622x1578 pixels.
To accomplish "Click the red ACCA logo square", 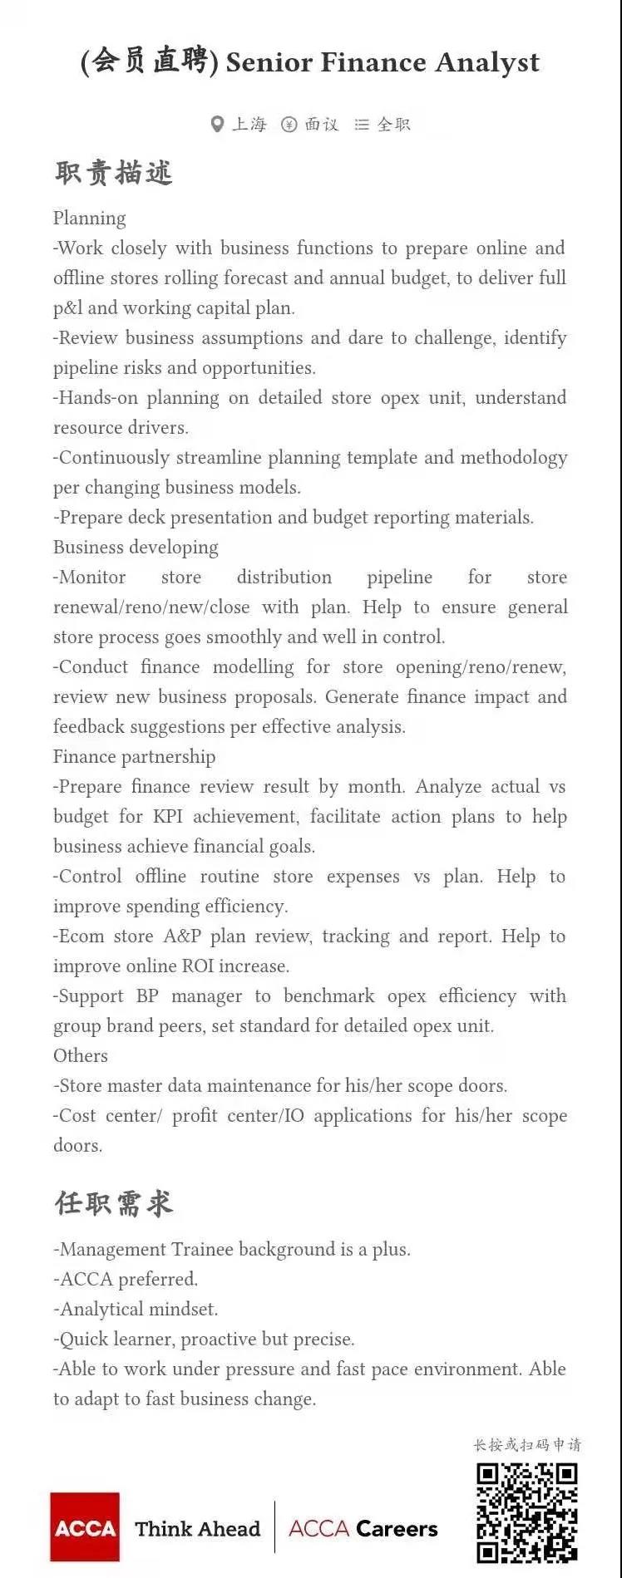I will tap(85, 1527).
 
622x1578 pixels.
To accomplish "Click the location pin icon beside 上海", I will tap(217, 125).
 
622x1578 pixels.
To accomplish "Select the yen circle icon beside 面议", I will tap(289, 125).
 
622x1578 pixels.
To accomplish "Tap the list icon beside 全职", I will tap(362, 125).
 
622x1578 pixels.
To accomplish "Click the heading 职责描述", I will tap(113, 173).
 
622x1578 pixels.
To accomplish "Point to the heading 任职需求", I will tap(113, 1202).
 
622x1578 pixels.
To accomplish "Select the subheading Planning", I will tap(90, 218).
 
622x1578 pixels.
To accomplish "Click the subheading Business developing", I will tap(136, 547).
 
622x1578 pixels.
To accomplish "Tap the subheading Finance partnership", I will tap(134, 756).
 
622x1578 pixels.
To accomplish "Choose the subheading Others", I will tap(81, 1055).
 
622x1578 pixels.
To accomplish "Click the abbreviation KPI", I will tap(168, 816).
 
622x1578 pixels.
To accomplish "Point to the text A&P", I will tap(182, 936).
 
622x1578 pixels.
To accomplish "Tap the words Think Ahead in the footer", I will tap(198, 1529).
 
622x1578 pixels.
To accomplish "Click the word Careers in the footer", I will tap(397, 1529).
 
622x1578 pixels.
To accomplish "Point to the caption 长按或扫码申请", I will tap(527, 1444).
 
